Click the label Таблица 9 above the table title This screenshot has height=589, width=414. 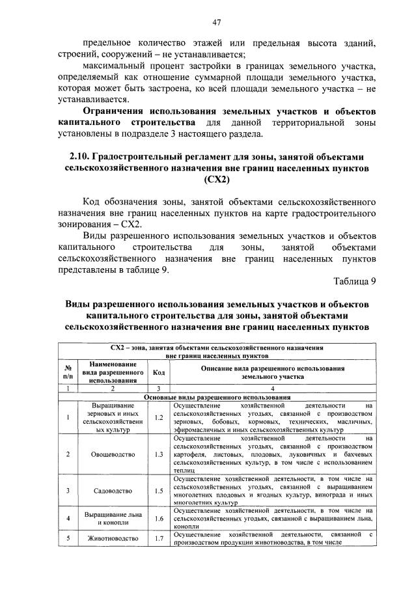click(x=355, y=281)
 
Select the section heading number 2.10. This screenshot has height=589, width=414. click(x=79, y=157)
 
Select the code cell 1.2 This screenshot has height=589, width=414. click(x=158, y=417)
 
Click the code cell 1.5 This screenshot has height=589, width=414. click(x=158, y=490)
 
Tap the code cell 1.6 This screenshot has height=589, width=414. click(x=158, y=519)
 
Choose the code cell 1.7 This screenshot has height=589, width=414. click(x=158, y=539)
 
